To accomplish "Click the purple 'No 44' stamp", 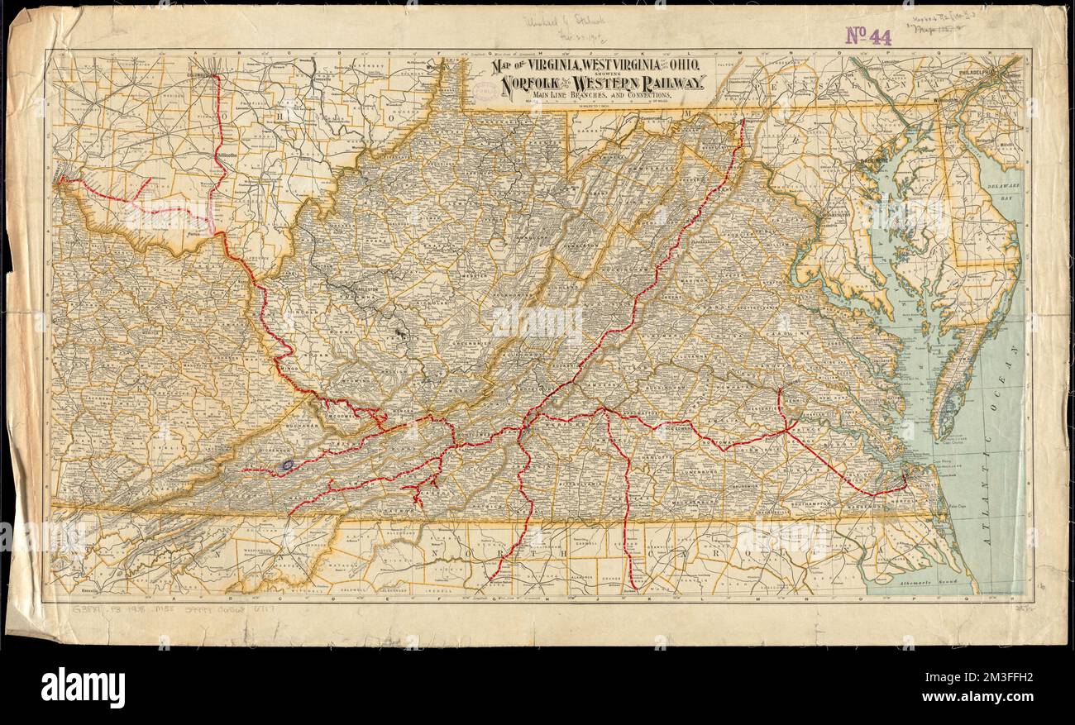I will [x=867, y=36].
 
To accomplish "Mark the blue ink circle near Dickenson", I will [x=287, y=465].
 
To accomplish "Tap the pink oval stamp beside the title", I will [x=486, y=89].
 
